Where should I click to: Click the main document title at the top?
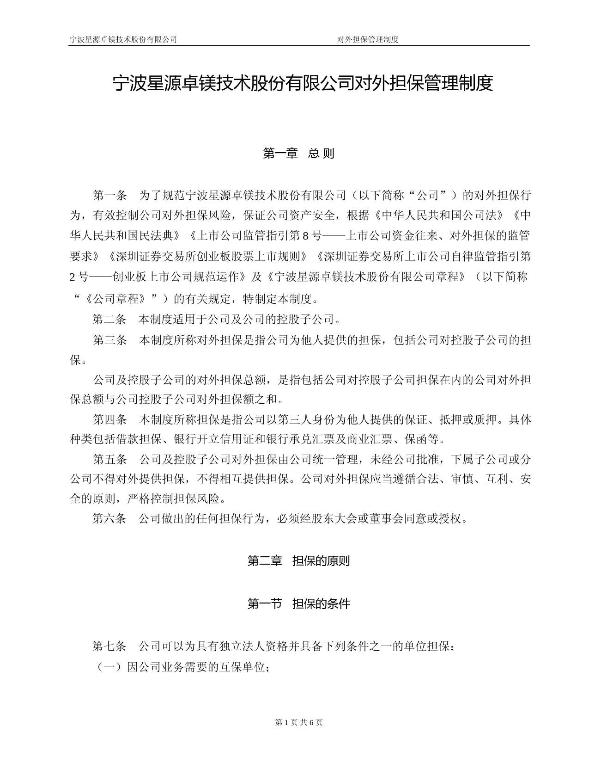coord(303,84)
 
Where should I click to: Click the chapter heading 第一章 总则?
coord(298,154)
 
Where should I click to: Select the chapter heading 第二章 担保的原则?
coord(298,561)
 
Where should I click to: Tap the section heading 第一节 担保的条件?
coord(298,603)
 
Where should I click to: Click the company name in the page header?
coord(123,39)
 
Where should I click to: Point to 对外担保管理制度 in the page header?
coord(368,39)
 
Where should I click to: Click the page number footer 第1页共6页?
coord(298,722)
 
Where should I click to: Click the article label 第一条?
coord(109,196)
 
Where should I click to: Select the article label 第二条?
coord(109,320)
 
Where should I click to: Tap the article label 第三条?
coord(109,340)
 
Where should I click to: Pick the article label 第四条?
coord(109,420)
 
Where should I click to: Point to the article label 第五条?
coord(109,460)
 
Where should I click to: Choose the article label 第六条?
coord(109,519)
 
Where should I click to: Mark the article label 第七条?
coord(109,646)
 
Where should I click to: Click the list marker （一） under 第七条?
coord(109,667)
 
